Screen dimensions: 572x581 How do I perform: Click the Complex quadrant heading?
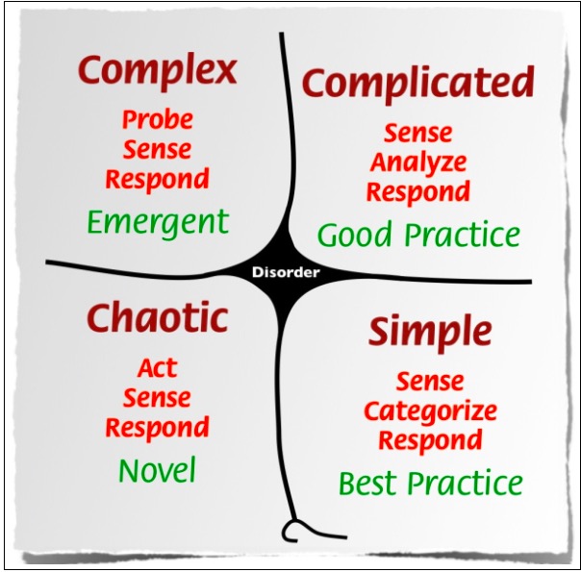(157, 71)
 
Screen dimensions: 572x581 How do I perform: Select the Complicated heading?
(417, 84)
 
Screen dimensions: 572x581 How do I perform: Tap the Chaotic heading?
(157, 317)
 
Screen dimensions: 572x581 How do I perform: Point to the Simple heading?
(430, 332)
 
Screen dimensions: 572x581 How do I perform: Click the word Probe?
(157, 120)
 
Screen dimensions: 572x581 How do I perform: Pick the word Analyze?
(418, 162)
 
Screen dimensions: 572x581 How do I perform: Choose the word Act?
(157, 368)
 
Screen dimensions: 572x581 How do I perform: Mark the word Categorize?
(430, 411)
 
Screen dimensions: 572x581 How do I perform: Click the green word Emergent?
(158, 223)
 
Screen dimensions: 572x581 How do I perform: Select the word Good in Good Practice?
(357, 235)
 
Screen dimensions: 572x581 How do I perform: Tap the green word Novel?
(157, 471)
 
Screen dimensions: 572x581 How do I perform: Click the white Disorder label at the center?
(285, 272)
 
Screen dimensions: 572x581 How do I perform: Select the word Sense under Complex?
(157, 150)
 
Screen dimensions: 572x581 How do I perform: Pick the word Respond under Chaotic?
(157, 427)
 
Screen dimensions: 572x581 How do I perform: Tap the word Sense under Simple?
(430, 382)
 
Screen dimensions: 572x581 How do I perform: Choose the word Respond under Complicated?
(418, 191)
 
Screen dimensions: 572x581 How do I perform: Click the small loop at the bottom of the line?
(290, 527)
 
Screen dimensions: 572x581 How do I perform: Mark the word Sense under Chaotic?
(157, 398)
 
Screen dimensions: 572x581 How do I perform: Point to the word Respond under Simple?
(430, 440)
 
